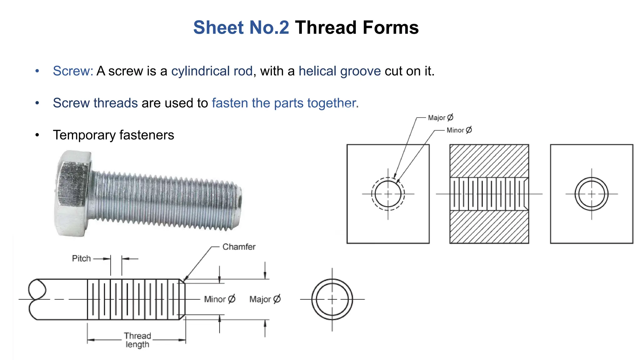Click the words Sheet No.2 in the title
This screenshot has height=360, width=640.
click(241, 27)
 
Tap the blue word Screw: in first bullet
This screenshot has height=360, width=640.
click(73, 71)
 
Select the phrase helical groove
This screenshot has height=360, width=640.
click(340, 71)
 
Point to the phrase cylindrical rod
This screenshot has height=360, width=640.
click(212, 71)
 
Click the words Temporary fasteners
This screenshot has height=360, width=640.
click(113, 135)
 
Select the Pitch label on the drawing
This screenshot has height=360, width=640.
click(81, 258)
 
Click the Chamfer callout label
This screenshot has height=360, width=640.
click(239, 247)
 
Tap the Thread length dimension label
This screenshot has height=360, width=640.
click(137, 340)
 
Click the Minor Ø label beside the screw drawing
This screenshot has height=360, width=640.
click(219, 299)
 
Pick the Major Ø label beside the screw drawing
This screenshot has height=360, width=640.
click(265, 299)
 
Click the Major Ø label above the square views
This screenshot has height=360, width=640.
click(440, 118)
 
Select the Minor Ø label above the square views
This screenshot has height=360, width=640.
click(459, 130)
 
